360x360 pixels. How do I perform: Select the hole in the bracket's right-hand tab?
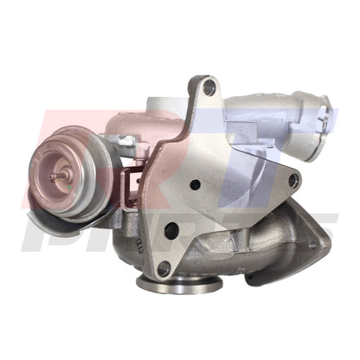point(293,181)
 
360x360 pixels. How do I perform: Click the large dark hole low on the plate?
point(170,230)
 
